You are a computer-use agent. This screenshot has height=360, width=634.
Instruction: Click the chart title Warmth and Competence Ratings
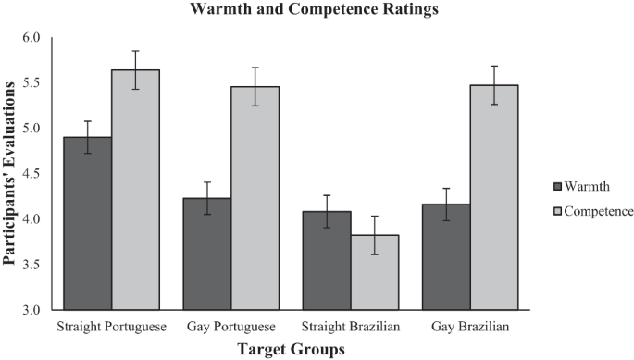tap(316, 12)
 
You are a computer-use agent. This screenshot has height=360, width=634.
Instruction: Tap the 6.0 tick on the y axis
tap(31, 38)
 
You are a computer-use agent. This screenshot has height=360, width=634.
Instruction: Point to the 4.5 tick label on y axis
tap(31, 174)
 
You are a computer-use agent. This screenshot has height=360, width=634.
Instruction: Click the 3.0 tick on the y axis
tap(31, 310)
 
